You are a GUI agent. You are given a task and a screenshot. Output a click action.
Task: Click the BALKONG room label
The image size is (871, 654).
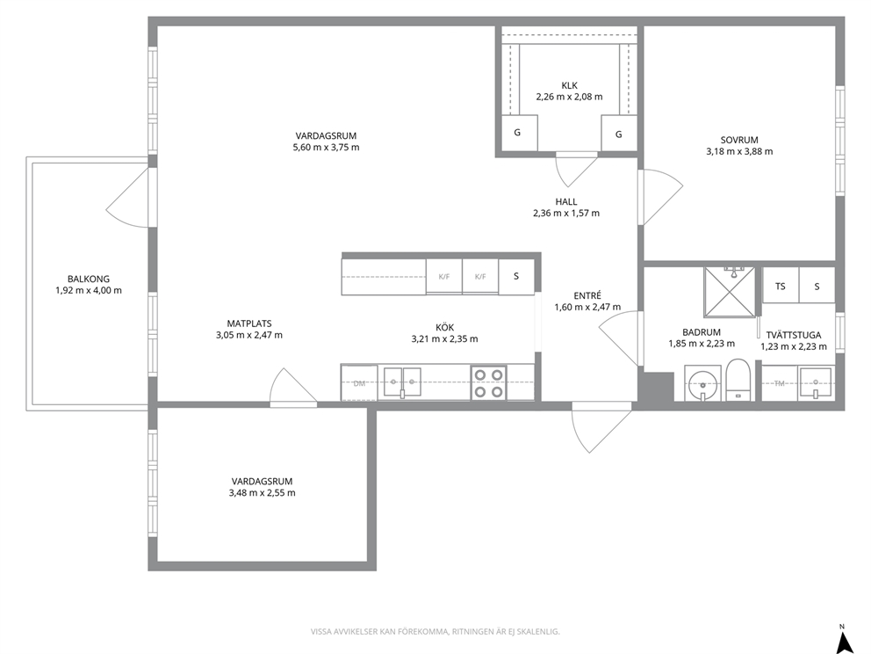[89, 280]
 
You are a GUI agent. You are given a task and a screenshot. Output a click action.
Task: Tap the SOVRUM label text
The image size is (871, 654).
[739, 140]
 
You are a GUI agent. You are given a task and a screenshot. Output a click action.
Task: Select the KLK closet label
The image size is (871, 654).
[569, 85]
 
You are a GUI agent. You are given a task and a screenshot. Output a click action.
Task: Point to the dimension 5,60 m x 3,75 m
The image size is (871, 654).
[326, 148]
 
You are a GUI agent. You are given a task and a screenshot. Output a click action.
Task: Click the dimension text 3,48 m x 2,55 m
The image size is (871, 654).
[263, 493]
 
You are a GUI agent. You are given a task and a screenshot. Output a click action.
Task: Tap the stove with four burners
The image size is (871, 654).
[489, 382]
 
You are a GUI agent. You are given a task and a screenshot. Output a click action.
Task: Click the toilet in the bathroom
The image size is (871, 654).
[738, 380]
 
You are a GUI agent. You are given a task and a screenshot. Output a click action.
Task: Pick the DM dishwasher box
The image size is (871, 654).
[359, 382]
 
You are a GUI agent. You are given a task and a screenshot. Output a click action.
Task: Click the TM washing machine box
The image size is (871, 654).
[780, 382]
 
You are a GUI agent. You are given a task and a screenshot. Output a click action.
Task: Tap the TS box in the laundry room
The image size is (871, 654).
[781, 286]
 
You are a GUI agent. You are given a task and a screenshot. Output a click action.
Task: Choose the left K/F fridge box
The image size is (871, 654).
[443, 276]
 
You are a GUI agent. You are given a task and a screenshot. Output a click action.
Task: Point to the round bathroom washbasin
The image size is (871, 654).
[703, 384]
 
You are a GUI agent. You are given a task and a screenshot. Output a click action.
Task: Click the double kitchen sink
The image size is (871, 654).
[402, 382]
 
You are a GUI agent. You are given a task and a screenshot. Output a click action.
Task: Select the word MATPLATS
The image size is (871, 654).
[249, 323]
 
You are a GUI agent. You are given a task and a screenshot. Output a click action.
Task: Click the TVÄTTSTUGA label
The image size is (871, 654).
[793, 335]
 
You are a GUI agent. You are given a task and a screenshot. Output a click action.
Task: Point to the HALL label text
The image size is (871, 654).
[566, 202]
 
